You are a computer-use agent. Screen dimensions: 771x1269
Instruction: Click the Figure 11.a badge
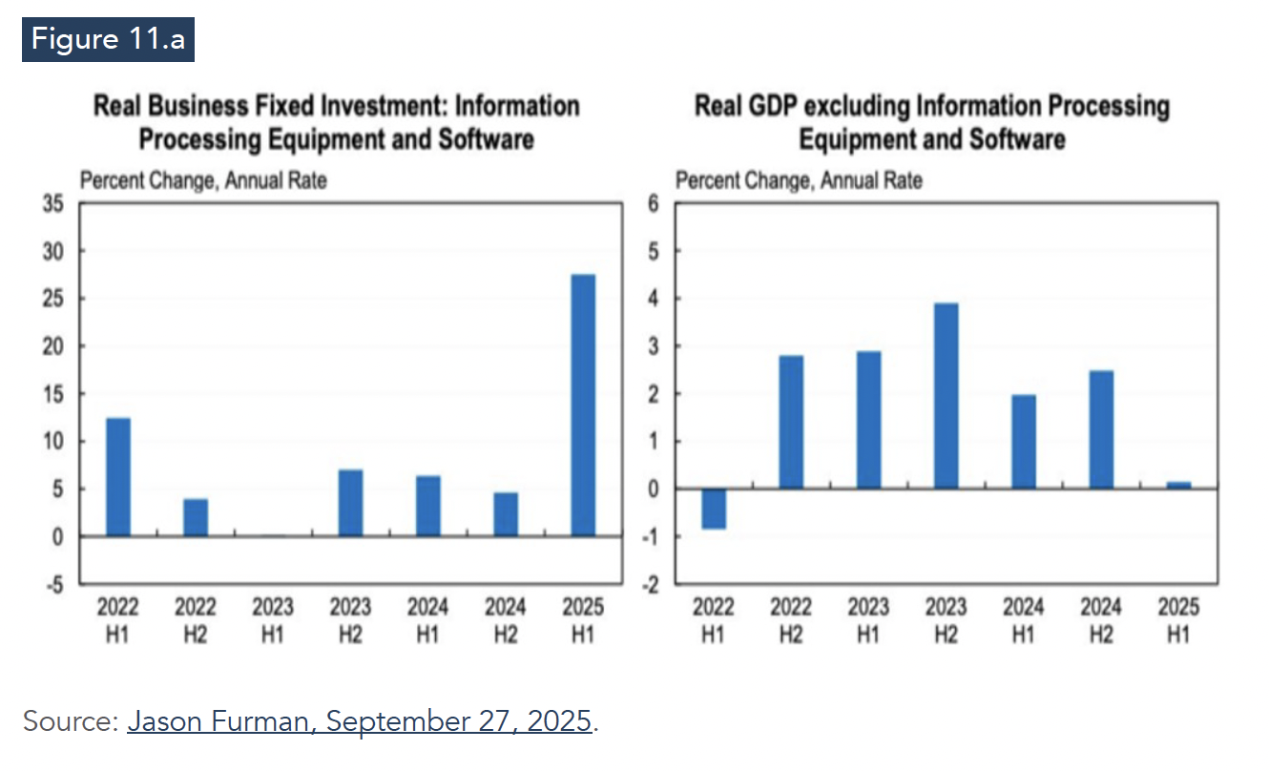(108, 39)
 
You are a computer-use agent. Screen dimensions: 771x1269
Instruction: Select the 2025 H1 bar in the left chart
(583, 406)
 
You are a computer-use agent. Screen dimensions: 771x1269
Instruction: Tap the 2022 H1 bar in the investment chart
(118, 477)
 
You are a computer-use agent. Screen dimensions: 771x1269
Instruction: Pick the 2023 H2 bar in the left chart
(350, 503)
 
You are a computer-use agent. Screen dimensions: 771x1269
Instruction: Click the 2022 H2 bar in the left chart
(196, 517)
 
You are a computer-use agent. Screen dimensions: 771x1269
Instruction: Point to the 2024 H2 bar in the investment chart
(506, 514)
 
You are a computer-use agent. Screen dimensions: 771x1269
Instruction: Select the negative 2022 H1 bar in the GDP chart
(713, 509)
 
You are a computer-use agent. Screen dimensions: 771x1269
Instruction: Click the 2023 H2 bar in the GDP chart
(946, 396)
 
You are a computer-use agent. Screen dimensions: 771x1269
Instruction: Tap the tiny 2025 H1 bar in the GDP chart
(1178, 485)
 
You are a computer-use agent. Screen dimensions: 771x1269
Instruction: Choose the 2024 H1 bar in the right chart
(1023, 442)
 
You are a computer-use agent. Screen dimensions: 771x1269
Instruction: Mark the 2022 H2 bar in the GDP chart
(791, 422)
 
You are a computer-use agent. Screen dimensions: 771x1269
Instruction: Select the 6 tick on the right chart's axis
(654, 203)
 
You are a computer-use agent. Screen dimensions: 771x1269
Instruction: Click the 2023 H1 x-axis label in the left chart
(273, 620)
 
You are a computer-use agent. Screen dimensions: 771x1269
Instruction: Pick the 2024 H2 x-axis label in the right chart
(1101, 620)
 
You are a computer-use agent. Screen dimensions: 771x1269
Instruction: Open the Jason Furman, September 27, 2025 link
(360, 720)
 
